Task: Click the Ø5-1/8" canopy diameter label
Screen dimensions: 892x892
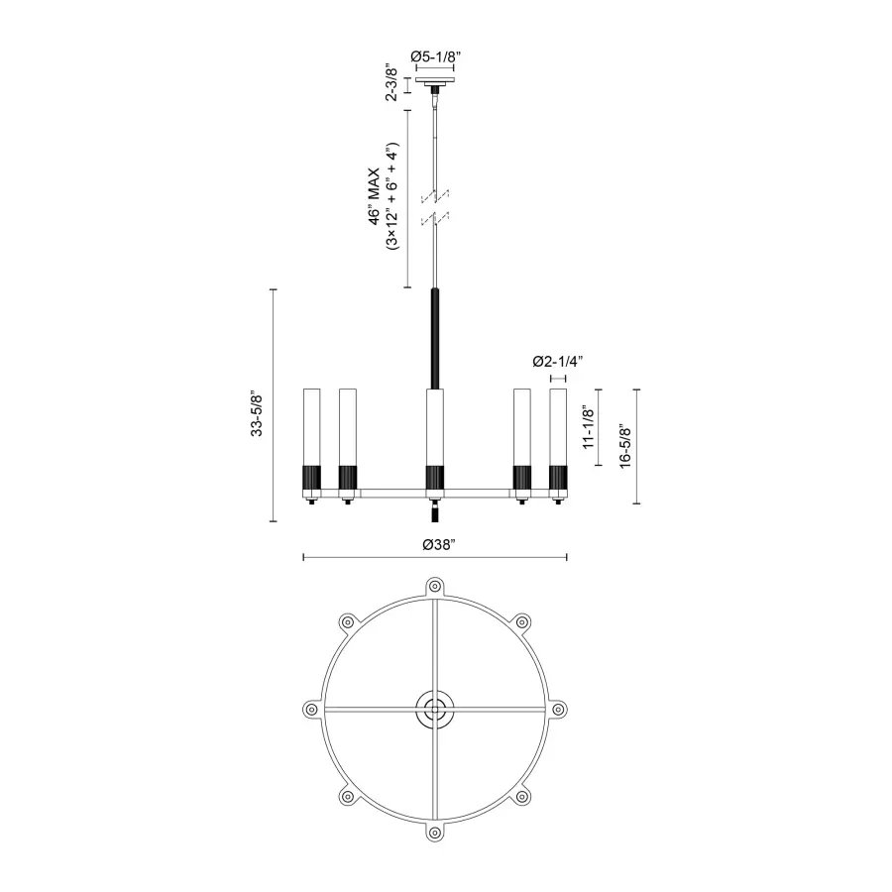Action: pos(435,56)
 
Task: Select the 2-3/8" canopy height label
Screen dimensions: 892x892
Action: pos(392,83)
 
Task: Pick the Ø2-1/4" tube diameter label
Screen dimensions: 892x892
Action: pos(557,362)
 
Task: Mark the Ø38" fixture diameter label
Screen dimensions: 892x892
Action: pos(436,544)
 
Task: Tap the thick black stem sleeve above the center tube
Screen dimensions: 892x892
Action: pos(434,338)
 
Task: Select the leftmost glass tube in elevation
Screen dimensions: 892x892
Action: pos(311,426)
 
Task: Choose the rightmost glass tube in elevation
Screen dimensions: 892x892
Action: pos(558,426)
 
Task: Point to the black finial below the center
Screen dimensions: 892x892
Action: pos(434,515)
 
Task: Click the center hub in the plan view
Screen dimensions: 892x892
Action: pos(434,709)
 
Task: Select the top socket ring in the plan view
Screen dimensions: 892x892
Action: pos(434,586)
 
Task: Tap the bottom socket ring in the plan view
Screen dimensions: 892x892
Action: pos(434,833)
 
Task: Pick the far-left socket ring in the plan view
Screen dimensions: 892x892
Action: pos(310,710)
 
